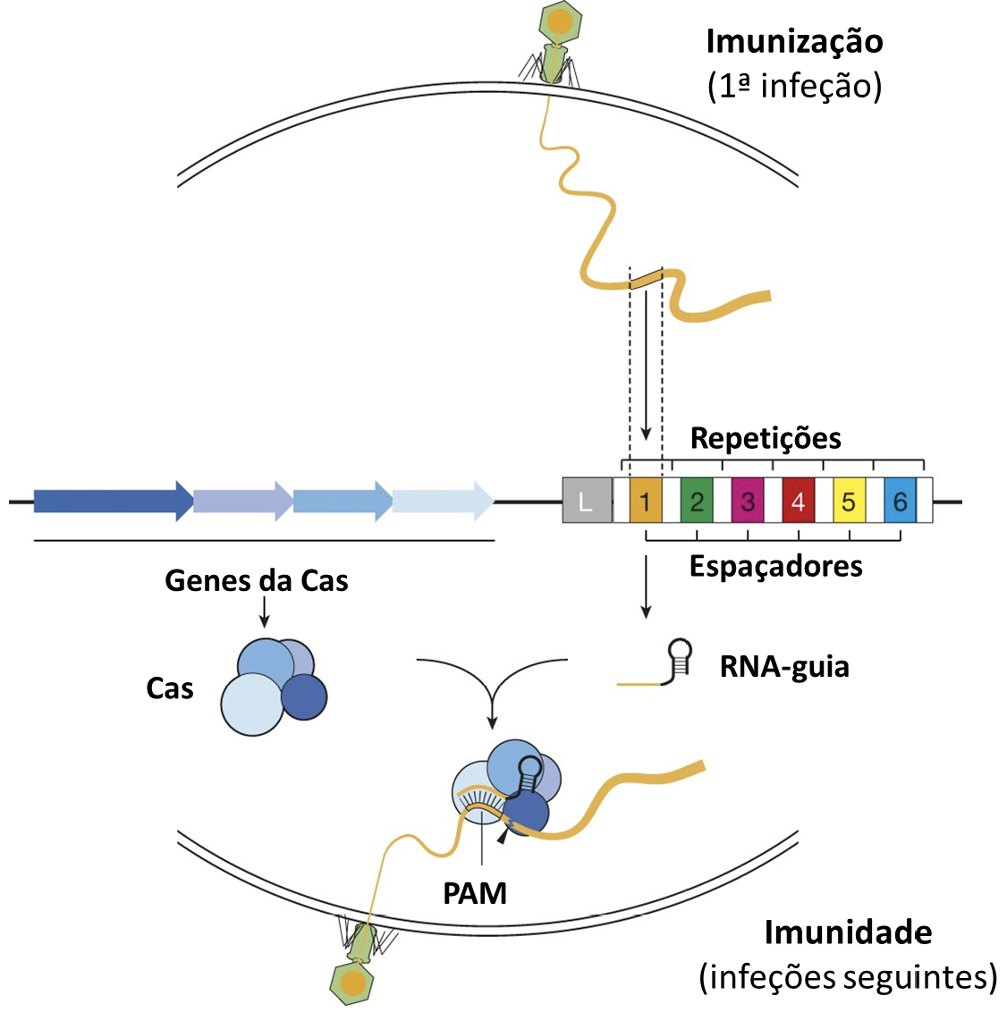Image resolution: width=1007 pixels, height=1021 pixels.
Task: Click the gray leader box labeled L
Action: tap(586, 501)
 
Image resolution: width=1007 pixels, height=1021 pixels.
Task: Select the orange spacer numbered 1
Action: tap(645, 501)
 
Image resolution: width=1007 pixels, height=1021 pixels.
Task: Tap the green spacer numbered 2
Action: tap(696, 501)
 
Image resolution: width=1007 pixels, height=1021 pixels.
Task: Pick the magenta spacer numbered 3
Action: tap(747, 501)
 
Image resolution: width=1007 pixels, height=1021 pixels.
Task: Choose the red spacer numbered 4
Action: tap(798, 501)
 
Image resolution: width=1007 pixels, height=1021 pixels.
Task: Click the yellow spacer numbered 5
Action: tap(849, 501)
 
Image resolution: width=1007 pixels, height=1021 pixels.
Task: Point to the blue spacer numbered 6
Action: tap(900, 501)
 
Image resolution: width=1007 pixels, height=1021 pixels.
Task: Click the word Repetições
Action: tap(766, 438)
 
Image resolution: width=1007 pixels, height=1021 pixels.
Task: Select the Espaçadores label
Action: tap(775, 566)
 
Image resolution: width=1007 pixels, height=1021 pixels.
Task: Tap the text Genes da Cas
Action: tap(257, 581)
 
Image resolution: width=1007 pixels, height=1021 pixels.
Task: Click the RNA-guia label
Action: tap(784, 667)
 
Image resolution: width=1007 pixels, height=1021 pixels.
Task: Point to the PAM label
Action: tap(475, 892)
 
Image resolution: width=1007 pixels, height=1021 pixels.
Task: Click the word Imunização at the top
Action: tap(794, 41)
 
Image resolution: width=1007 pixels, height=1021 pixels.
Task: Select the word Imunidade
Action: tap(848, 932)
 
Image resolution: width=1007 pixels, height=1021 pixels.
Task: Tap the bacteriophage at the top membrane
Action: tap(556, 40)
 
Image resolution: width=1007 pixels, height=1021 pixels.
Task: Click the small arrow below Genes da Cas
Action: tap(264, 612)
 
